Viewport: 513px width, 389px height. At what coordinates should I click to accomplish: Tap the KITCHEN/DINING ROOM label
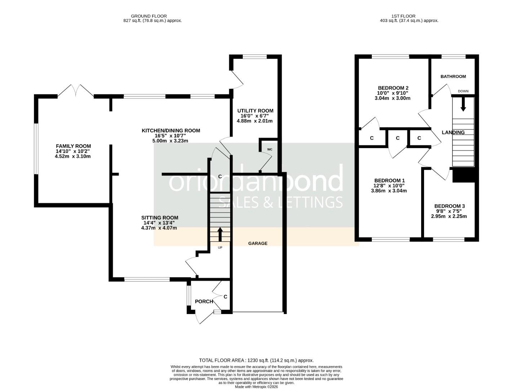[170, 131]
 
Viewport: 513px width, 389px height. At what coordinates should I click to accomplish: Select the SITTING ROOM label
[160, 218]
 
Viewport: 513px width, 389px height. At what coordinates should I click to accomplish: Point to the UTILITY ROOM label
[255, 111]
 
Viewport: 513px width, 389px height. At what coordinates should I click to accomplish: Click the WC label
[269, 149]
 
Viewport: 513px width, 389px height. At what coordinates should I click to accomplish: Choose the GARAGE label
[258, 243]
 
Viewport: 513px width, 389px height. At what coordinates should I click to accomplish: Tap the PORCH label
[204, 301]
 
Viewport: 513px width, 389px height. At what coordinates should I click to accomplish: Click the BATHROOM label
[453, 76]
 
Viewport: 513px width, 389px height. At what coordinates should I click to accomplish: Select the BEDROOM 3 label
[449, 206]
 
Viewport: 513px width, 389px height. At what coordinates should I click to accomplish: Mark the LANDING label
[453, 133]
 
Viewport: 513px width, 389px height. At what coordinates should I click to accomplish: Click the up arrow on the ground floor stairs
[220, 234]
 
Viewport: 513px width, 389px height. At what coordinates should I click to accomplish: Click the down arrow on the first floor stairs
[463, 104]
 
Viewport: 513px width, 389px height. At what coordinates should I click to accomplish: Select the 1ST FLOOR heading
[403, 16]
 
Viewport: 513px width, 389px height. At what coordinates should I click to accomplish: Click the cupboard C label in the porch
[226, 297]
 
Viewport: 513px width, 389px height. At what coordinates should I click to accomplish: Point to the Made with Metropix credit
[256, 387]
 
